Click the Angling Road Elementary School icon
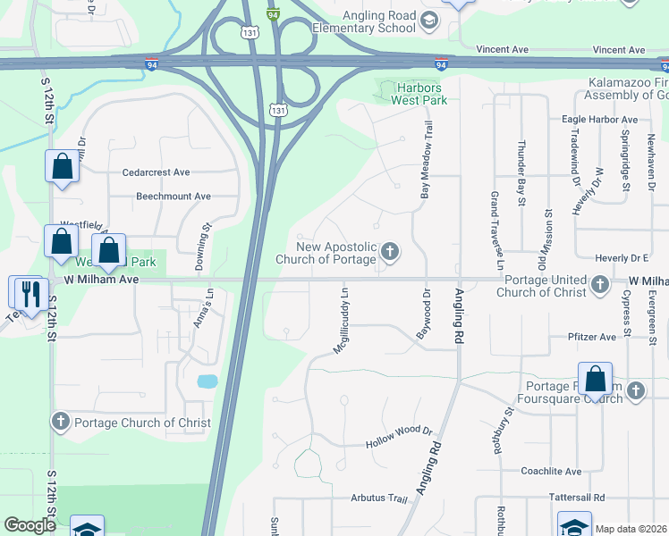point(428,21)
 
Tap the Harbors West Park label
point(419,94)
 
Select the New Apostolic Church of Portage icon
point(389,253)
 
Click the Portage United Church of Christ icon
point(600,286)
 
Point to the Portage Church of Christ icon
point(60,422)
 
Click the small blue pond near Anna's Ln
point(207,381)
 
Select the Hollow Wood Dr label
point(399,444)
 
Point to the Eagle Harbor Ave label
point(599,119)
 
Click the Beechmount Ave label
point(174,196)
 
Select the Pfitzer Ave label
point(592,337)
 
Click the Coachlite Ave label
point(551,471)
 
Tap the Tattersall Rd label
point(569,497)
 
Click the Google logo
point(30,526)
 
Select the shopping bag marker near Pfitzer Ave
point(595,380)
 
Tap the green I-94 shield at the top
point(273,14)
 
